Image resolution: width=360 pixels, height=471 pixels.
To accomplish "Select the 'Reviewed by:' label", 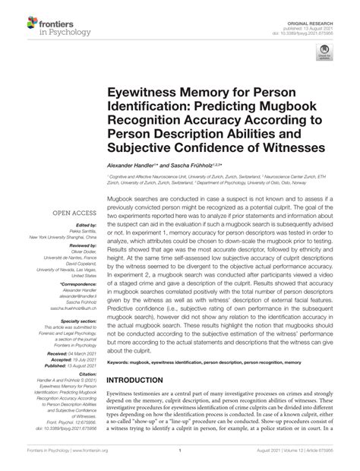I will pyautogui.click(x=80, y=248).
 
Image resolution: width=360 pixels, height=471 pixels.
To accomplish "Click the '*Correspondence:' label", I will pyautogui.click(x=77, y=283).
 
